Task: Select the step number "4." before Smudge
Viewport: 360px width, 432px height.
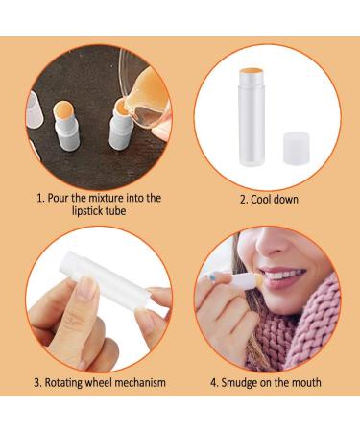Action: tap(215, 382)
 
